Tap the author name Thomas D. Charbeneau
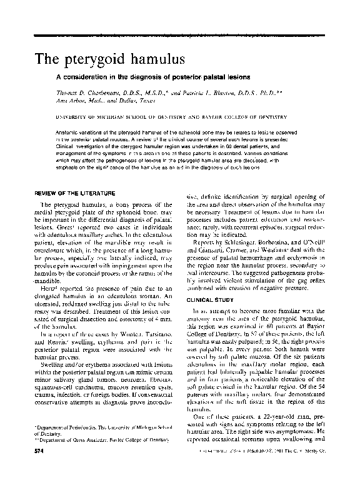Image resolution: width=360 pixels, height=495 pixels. [x=107, y=92]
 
